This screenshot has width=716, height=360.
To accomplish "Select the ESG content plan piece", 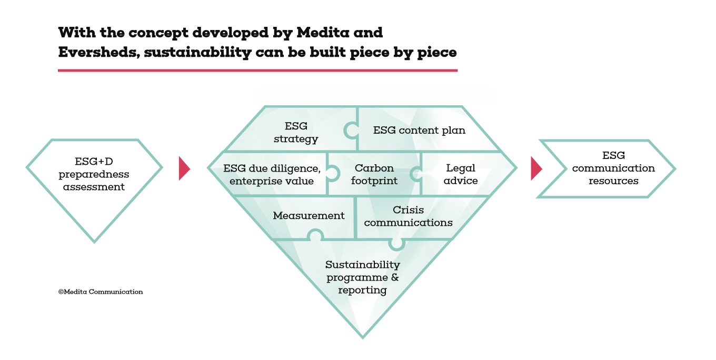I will [x=419, y=130].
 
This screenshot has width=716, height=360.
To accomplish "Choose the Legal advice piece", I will [x=461, y=174].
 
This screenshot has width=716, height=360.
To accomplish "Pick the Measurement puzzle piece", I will [x=309, y=215].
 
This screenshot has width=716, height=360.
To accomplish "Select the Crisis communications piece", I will [x=408, y=216].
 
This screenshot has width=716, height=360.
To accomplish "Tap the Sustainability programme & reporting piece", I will [x=362, y=277].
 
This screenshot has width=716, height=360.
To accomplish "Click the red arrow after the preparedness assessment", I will [x=184, y=168].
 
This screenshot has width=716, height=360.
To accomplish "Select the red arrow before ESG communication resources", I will [x=535, y=168].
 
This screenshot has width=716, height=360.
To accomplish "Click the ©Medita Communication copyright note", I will [x=101, y=292].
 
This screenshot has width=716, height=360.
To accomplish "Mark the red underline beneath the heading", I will [x=257, y=70].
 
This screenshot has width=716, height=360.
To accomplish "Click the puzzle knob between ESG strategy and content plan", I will [x=351, y=129].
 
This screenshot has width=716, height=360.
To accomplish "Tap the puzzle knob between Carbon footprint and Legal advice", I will [x=416, y=174].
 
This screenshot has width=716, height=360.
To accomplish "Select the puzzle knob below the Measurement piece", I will [x=315, y=235].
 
